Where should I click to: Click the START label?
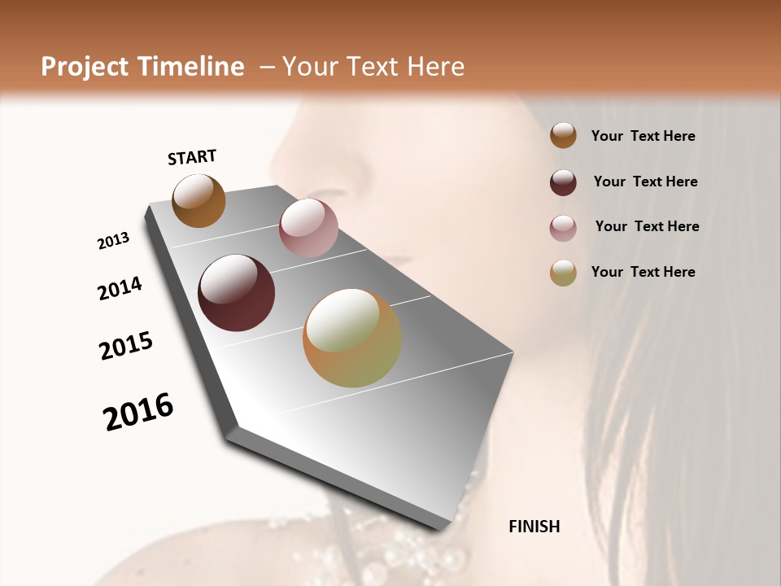tap(192, 157)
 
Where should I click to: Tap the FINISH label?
tap(534, 527)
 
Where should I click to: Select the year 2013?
tap(114, 241)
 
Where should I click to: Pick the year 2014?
tap(120, 288)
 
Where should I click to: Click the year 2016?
tap(138, 412)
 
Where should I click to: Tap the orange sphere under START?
tap(199, 200)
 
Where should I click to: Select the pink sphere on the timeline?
tap(308, 228)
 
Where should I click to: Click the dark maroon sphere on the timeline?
tap(236, 293)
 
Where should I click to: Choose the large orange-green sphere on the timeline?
tap(352, 338)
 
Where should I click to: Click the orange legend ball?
tap(563, 135)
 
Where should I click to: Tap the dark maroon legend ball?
tap(563, 182)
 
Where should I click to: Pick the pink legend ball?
tap(563, 228)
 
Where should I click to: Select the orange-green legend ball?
tap(563, 273)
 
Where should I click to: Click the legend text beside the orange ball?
tap(643, 137)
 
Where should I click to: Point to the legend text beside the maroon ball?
tap(645, 181)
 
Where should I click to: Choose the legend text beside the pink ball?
tap(647, 226)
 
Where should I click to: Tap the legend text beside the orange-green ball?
tap(643, 272)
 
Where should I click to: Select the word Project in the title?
tap(85, 67)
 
